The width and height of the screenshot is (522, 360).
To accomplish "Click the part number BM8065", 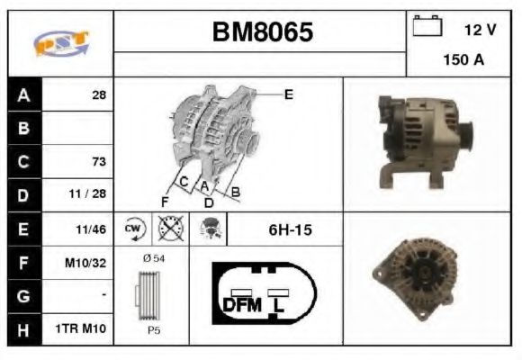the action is [263, 32].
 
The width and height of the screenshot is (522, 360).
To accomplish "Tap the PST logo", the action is [61, 43].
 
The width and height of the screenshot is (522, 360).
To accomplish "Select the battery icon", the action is [427, 25].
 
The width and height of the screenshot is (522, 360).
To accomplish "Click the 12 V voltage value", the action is [480, 30].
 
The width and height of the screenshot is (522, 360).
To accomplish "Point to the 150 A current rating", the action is [463, 59].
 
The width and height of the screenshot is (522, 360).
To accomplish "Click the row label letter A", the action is [23, 95].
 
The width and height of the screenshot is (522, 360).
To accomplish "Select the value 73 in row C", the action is [99, 161].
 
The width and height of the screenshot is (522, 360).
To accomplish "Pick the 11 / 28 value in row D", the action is [87, 193].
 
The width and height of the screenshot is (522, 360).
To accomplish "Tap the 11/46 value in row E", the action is [91, 229].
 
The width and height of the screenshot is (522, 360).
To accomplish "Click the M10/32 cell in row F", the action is [85, 263].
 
